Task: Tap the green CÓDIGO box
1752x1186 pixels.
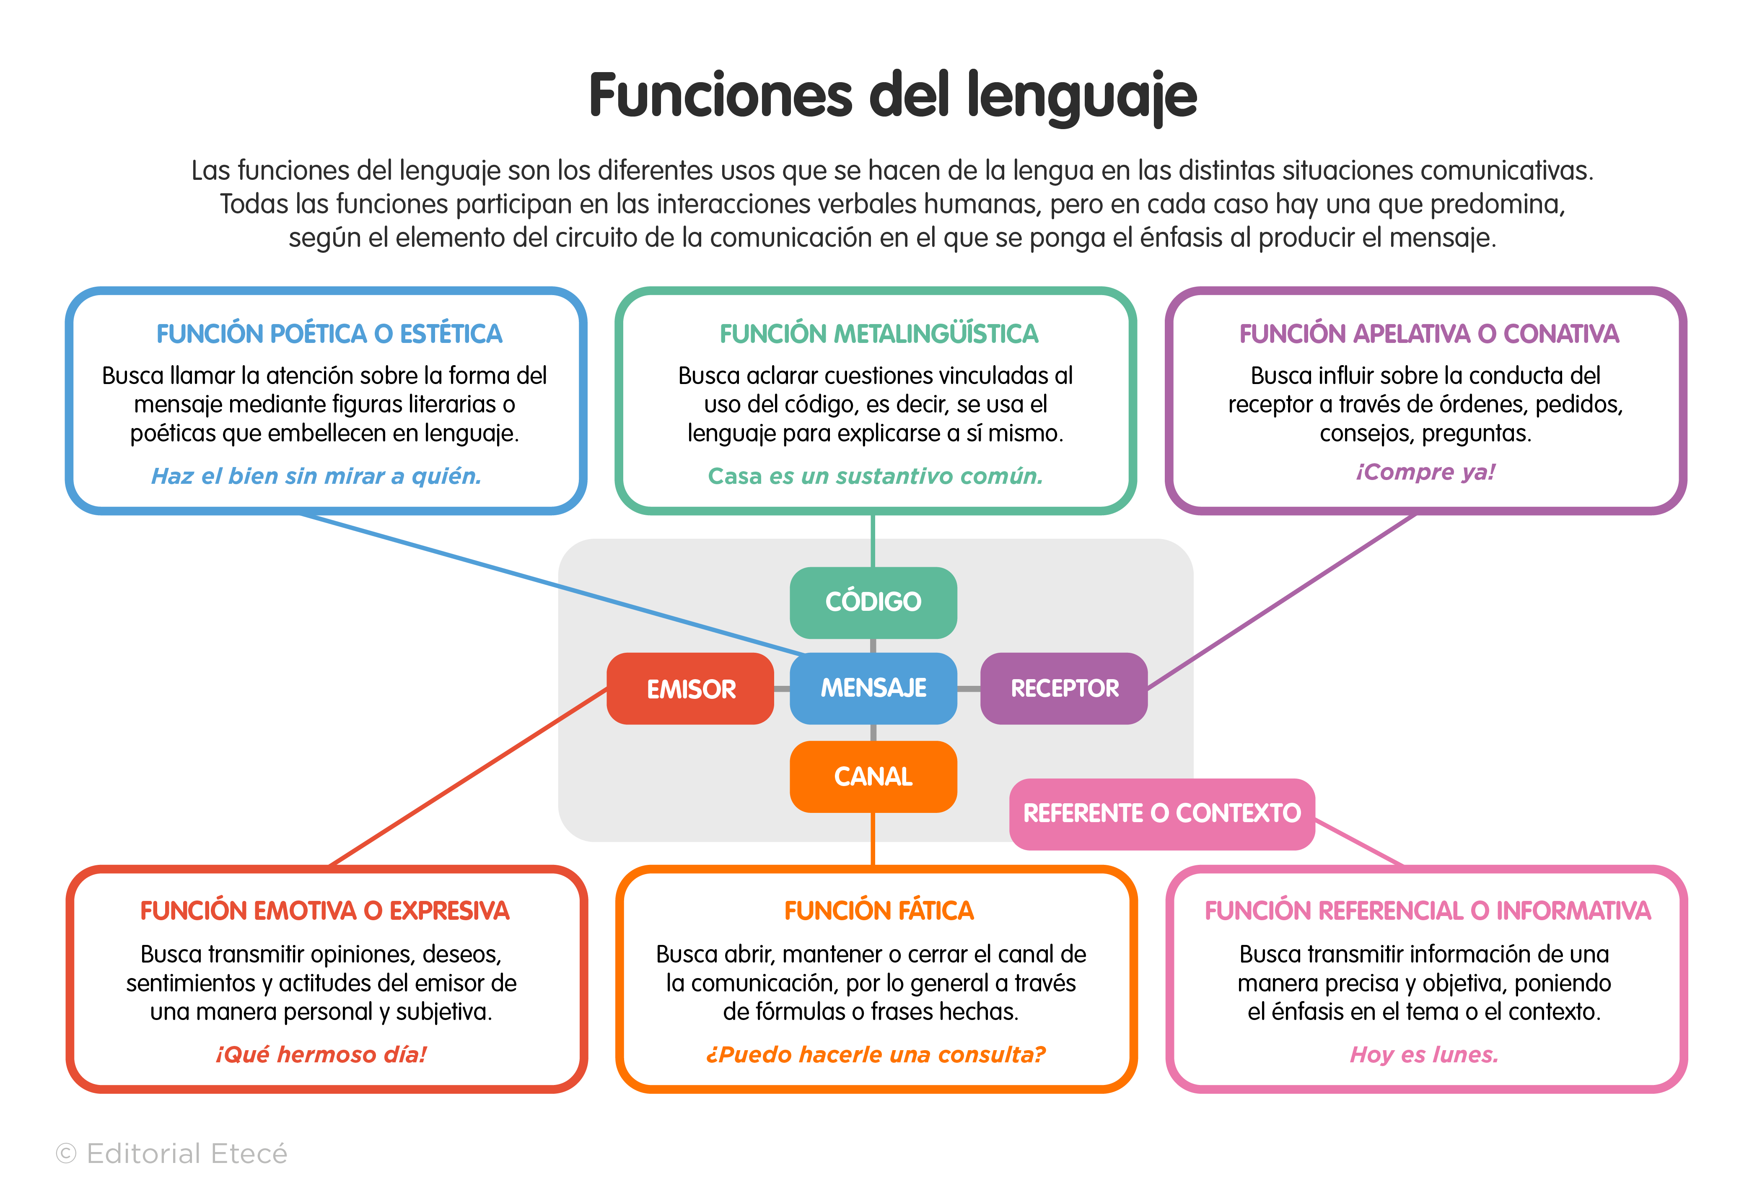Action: click(873, 602)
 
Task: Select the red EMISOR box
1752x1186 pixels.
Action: click(691, 688)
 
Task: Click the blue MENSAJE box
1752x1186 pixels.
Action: click(873, 688)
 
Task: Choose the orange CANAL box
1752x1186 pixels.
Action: click(873, 776)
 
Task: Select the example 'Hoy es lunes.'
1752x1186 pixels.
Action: click(1423, 1054)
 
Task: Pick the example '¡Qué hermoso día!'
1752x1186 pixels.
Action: click(321, 1054)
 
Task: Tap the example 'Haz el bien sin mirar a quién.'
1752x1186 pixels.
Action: click(316, 476)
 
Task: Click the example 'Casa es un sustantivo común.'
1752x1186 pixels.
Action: click(875, 476)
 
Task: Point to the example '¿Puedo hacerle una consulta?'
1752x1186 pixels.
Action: click(875, 1054)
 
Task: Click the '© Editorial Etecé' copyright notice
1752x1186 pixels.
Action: click(172, 1154)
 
